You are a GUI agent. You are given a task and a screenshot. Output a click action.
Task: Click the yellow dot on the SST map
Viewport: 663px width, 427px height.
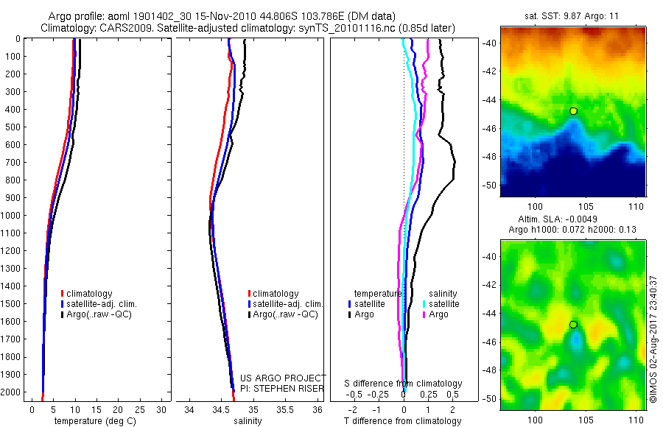tap(573, 111)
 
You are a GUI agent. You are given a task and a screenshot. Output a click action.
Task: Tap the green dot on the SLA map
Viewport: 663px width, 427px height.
tap(573, 325)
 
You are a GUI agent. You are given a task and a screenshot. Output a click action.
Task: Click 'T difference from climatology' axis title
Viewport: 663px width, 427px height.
tap(403, 421)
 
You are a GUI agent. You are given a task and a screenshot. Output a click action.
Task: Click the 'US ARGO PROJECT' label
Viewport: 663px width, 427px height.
tap(283, 378)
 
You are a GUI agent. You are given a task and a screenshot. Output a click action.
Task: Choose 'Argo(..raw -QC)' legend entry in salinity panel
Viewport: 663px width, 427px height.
tap(285, 314)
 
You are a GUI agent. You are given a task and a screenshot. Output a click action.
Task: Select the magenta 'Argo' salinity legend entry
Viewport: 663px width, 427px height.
tap(439, 314)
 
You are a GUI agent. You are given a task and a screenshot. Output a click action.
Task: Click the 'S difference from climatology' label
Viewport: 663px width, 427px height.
tap(404, 384)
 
